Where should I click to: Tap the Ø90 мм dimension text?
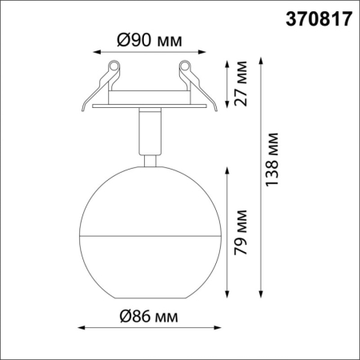pyautogui.click(x=147, y=39)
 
